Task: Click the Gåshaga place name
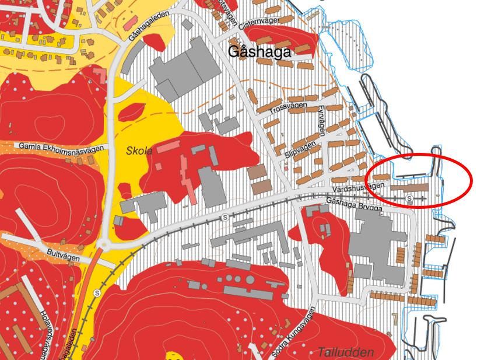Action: pyautogui.click(x=259, y=51)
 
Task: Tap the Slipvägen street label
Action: pyautogui.click(x=301, y=153)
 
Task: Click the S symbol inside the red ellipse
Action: pyautogui.click(x=410, y=199)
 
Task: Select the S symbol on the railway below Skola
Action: pyautogui.click(x=224, y=217)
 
